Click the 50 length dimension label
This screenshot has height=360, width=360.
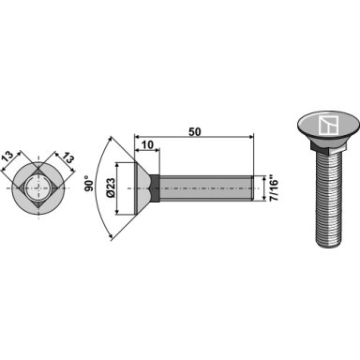(x=194, y=132)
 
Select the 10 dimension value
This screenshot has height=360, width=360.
(x=147, y=145)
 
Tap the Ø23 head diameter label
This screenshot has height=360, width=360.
(x=112, y=187)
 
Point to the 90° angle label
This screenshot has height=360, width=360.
(x=89, y=186)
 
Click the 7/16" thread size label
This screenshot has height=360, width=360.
(x=273, y=190)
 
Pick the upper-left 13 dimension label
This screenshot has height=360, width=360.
(x=8, y=157)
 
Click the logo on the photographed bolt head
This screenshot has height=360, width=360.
(x=327, y=126)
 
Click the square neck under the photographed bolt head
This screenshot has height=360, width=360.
(x=328, y=145)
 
